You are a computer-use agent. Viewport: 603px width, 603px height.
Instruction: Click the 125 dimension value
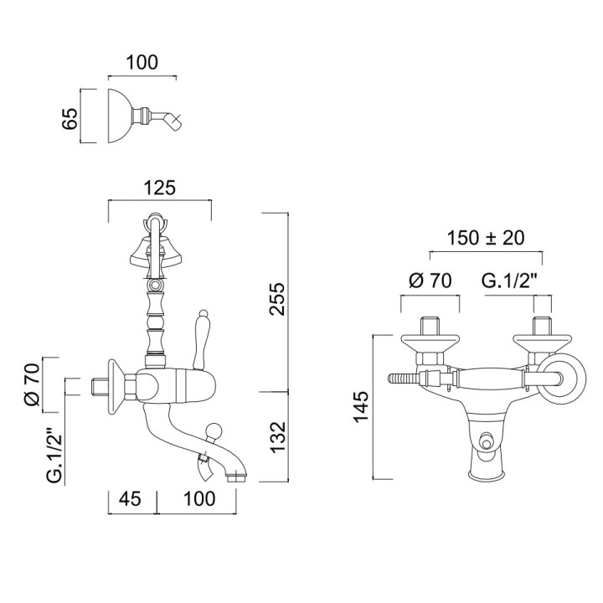click(x=160, y=188)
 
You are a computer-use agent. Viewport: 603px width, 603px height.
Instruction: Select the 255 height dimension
click(x=277, y=299)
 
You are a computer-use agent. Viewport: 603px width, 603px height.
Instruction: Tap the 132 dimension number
click(x=278, y=437)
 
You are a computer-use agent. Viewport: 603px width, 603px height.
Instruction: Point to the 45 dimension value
click(x=130, y=499)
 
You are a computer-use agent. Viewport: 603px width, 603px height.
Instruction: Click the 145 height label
click(x=362, y=407)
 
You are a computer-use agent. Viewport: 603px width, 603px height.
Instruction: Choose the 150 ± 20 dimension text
click(x=485, y=238)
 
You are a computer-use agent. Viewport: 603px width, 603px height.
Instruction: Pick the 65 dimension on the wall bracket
click(x=70, y=119)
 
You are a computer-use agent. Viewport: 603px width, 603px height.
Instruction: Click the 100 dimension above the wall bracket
click(x=142, y=62)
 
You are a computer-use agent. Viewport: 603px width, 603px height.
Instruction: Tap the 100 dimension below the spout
click(x=199, y=499)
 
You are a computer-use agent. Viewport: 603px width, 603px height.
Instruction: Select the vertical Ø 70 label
click(x=32, y=385)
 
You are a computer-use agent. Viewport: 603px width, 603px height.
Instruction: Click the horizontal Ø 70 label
click(x=430, y=281)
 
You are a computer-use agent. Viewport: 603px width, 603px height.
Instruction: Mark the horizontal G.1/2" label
click(x=509, y=281)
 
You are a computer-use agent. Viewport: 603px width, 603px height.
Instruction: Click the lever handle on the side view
click(x=200, y=339)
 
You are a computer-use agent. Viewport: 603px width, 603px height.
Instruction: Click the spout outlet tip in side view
click(x=235, y=478)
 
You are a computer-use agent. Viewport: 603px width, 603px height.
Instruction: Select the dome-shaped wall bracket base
click(x=120, y=116)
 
